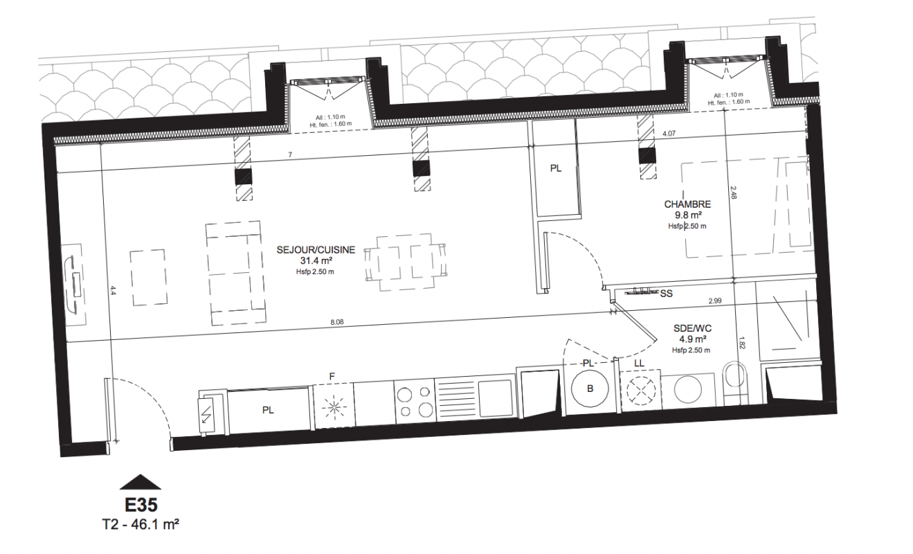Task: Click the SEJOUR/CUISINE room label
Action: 316,250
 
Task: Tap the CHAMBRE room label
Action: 687,204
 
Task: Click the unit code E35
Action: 141,505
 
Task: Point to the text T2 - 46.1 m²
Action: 141,524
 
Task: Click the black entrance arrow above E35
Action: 141,482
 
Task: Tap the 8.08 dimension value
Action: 337,322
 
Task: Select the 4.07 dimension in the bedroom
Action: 669,133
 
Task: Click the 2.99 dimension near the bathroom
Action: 715,301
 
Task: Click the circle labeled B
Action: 590,388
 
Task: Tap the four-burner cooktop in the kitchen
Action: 415,402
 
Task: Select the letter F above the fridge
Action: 332,377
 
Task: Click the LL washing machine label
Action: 639,364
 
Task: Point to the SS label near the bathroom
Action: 667,294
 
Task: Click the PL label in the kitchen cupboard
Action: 268,410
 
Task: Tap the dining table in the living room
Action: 405,262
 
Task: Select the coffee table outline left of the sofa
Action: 148,278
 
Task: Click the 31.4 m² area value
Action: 316,261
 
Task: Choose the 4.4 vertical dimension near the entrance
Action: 113,291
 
